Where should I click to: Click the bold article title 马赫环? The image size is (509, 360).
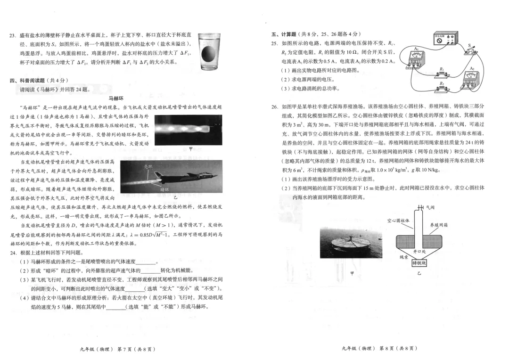click(115, 98)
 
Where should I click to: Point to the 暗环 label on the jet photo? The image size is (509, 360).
click(164, 189)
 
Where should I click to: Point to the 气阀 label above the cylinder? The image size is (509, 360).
click(430, 207)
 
